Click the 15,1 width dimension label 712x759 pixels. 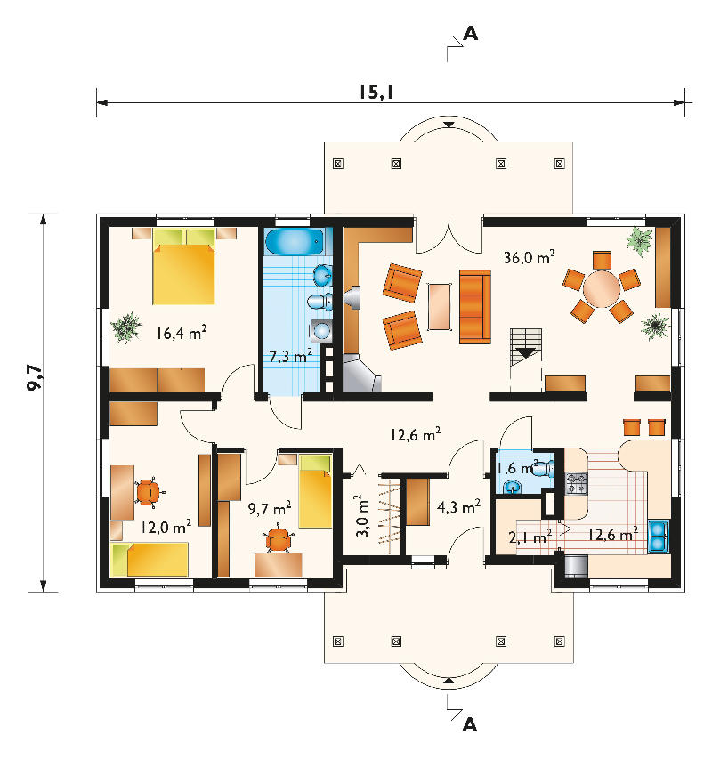[x=376, y=92]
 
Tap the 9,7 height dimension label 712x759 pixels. [x=35, y=377]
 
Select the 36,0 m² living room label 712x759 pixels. [x=529, y=257]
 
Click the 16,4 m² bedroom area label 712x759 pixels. [x=182, y=333]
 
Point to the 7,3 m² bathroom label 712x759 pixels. [x=290, y=356]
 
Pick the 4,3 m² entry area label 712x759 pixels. [x=458, y=507]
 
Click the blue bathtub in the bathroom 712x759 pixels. [x=295, y=242]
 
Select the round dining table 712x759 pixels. [x=602, y=289]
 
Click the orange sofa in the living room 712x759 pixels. [x=475, y=306]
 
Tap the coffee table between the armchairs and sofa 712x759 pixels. [x=440, y=306]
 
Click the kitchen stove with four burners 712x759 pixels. [x=577, y=483]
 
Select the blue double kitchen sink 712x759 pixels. [x=659, y=537]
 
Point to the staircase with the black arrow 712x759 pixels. [x=526, y=348]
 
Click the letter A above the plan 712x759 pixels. [x=471, y=34]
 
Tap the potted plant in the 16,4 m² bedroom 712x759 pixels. [x=126, y=327]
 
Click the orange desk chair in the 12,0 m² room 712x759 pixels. [x=148, y=493]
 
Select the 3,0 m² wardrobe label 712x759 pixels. [x=362, y=515]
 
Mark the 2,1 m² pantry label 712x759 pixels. [x=530, y=537]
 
